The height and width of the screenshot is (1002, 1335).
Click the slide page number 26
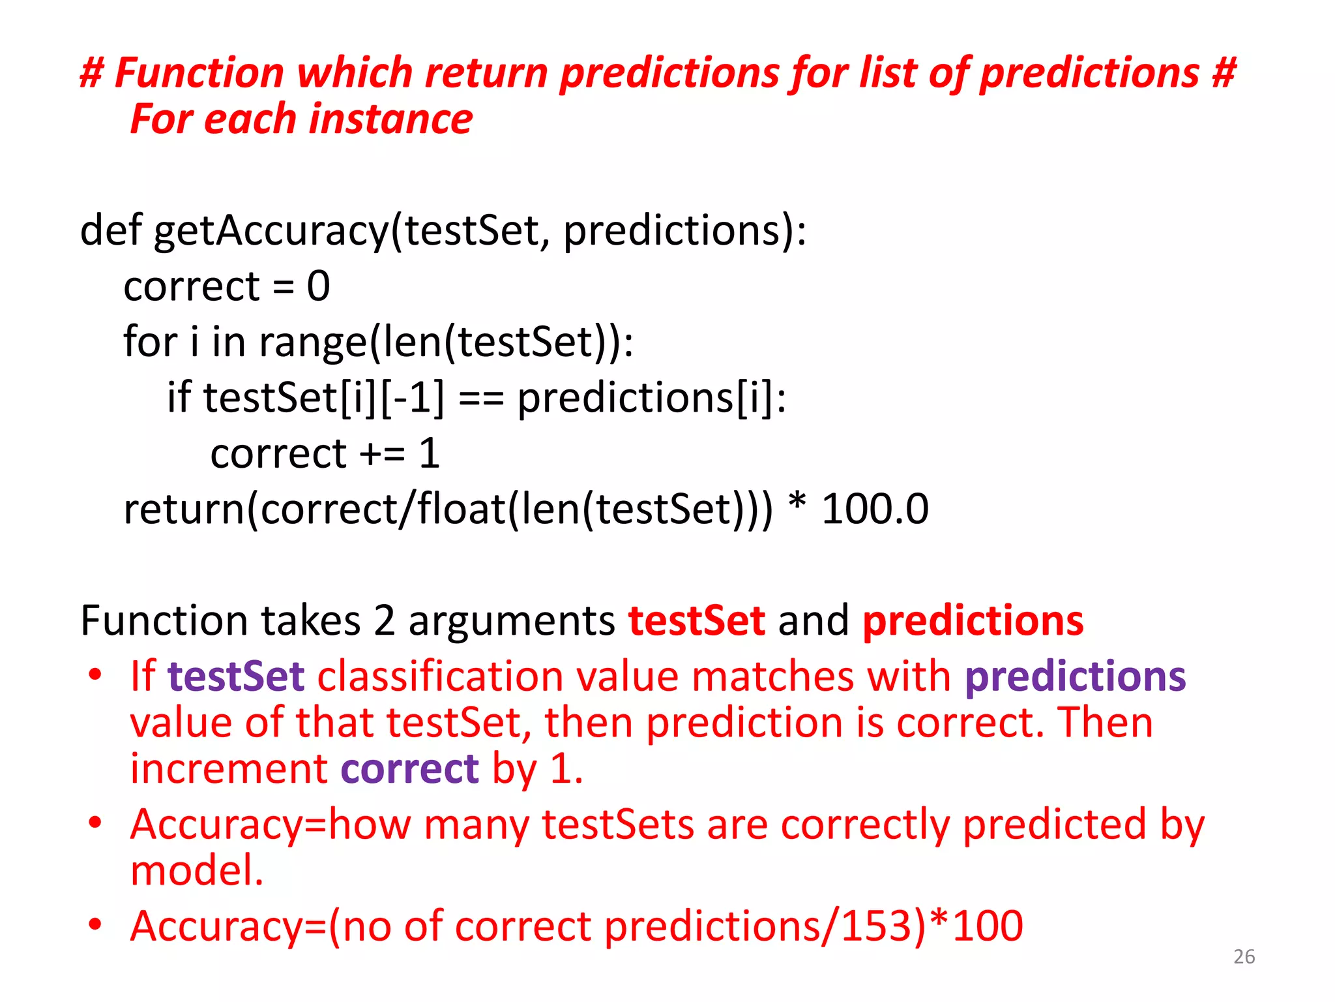1244,956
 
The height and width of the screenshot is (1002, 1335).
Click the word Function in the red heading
199,72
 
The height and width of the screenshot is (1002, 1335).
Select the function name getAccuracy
271,230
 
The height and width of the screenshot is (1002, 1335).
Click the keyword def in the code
110,230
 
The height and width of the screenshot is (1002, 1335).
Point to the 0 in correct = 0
319,286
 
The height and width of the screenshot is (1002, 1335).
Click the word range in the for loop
314,342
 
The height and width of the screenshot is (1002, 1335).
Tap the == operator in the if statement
481,398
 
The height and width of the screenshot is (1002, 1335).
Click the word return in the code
184,509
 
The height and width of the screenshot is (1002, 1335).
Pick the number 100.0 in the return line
874,509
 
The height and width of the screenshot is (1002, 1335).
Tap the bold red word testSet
696,620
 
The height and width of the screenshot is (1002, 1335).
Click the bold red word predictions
973,620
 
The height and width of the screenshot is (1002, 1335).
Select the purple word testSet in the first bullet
236,676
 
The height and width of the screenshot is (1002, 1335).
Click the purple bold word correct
409,768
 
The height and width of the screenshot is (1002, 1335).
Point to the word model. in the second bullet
197,870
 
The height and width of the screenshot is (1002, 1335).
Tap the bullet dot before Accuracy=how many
96,823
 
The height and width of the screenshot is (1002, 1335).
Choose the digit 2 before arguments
384,620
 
